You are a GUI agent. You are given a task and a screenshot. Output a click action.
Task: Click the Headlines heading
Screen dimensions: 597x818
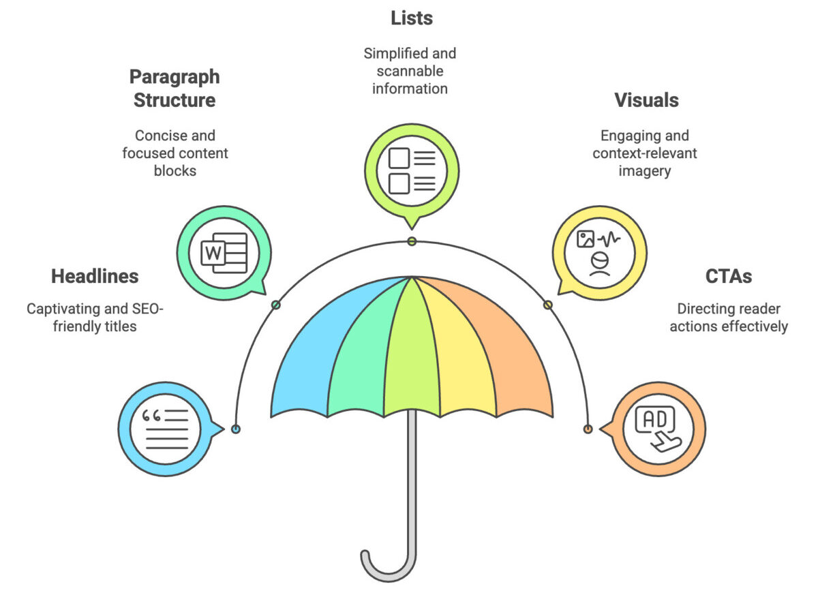(x=95, y=276)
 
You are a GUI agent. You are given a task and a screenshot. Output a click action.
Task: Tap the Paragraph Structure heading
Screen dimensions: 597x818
(x=175, y=88)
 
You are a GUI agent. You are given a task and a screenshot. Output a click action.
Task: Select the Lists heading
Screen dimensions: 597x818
(x=412, y=18)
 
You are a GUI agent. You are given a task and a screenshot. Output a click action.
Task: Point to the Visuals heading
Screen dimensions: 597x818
(x=646, y=100)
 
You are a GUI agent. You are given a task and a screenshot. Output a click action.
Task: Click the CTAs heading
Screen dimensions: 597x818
(x=729, y=276)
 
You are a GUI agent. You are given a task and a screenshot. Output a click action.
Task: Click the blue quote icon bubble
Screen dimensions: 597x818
(x=166, y=429)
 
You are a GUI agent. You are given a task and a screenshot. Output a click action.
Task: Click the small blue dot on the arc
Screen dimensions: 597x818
(x=236, y=429)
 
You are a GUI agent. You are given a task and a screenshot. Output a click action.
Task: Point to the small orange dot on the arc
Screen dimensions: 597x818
(x=588, y=429)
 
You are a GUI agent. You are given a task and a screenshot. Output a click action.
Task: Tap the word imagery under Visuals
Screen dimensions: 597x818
(x=644, y=170)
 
